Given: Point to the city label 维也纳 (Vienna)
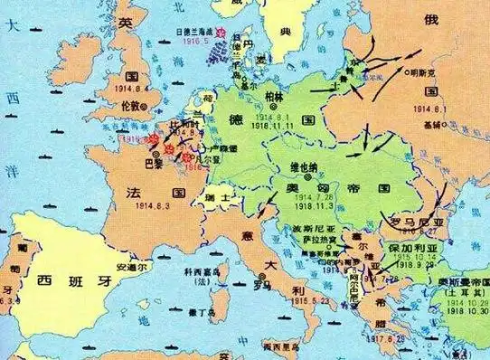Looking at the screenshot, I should (304, 166).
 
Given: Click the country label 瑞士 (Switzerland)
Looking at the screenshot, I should (216, 196).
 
